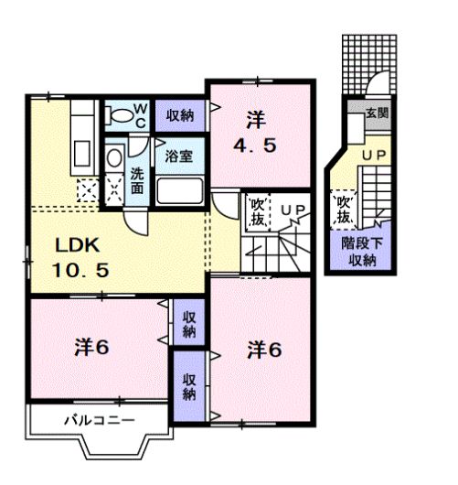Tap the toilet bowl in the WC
[x=116, y=114]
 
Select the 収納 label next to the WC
[x=180, y=114]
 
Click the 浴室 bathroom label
[x=178, y=156]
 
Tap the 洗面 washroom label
[x=136, y=180]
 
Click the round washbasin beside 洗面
[x=112, y=157]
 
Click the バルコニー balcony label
[x=100, y=421]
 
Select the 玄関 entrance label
[x=377, y=113]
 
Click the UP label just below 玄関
[x=373, y=157]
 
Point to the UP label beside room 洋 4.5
[x=294, y=211]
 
